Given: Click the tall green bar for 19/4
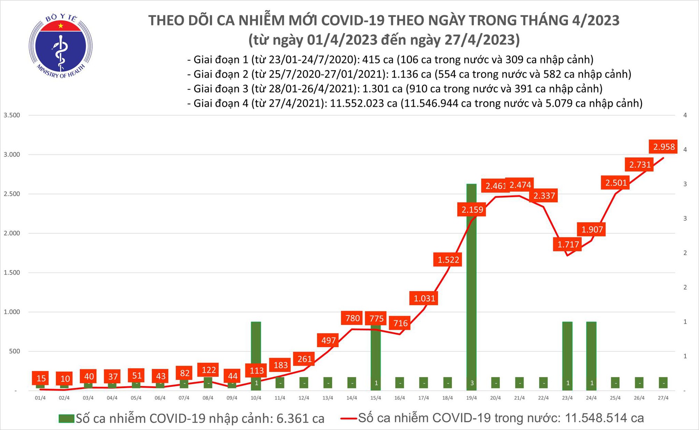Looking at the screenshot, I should click(x=472, y=286).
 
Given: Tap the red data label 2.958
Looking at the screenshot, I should click(x=663, y=147).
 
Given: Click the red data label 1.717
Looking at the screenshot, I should click(x=568, y=245).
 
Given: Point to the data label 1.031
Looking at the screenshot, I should click(x=424, y=299).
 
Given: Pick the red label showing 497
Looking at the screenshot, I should click(x=329, y=340).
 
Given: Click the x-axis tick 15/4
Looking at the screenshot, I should click(x=376, y=398).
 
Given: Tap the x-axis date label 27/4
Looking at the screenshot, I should click(x=663, y=398).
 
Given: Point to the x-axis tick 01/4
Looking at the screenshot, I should click(x=40, y=398).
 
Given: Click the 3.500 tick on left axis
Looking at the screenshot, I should click(x=12, y=115).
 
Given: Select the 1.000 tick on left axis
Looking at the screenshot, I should click(x=12, y=312).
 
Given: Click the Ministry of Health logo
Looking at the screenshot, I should click(x=60, y=46).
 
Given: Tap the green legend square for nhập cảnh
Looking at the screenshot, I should click(x=66, y=418).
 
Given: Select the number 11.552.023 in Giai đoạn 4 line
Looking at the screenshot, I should click(x=357, y=103).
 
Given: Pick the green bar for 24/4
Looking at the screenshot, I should click(x=591, y=353).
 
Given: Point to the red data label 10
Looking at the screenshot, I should click(x=65, y=379).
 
